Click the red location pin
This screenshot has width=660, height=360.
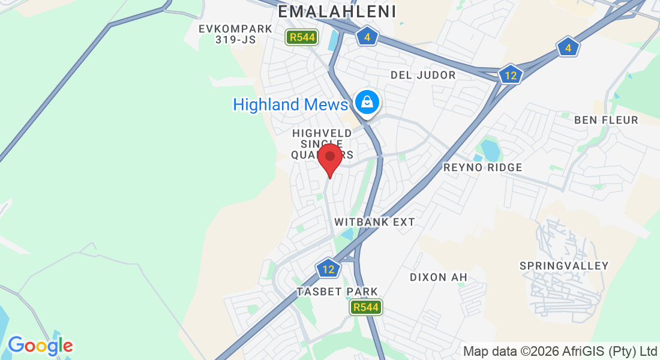(x=329, y=158)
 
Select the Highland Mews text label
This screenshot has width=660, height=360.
(x=290, y=104)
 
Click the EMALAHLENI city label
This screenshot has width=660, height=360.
(x=337, y=11)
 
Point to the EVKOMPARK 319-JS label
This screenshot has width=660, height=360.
(x=236, y=34)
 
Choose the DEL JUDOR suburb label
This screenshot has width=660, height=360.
(x=423, y=75)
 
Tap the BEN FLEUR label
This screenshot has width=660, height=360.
(x=606, y=120)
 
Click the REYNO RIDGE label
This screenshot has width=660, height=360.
(x=483, y=167)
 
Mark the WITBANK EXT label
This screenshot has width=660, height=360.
(x=374, y=222)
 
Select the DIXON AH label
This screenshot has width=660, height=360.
(x=438, y=277)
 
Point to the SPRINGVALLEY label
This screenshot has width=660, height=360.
(x=564, y=266)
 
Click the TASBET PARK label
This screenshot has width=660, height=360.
(x=337, y=292)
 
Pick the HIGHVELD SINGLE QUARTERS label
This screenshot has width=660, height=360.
(x=318, y=143)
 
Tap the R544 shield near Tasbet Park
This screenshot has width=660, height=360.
(x=366, y=308)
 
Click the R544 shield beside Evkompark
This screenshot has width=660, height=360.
(x=300, y=38)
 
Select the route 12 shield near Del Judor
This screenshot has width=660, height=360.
(x=511, y=75)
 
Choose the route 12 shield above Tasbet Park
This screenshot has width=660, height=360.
(x=328, y=269)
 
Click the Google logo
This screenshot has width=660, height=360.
(x=40, y=346)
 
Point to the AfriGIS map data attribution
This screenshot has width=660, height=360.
(x=560, y=351)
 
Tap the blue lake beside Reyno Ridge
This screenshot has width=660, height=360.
(x=490, y=149)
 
